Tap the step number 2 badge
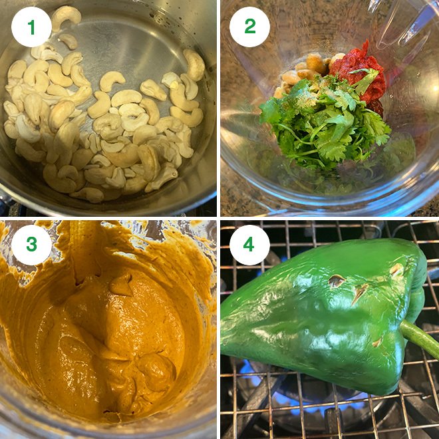[249, 27]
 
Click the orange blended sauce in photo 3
[113, 333]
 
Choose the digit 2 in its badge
[249, 27]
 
